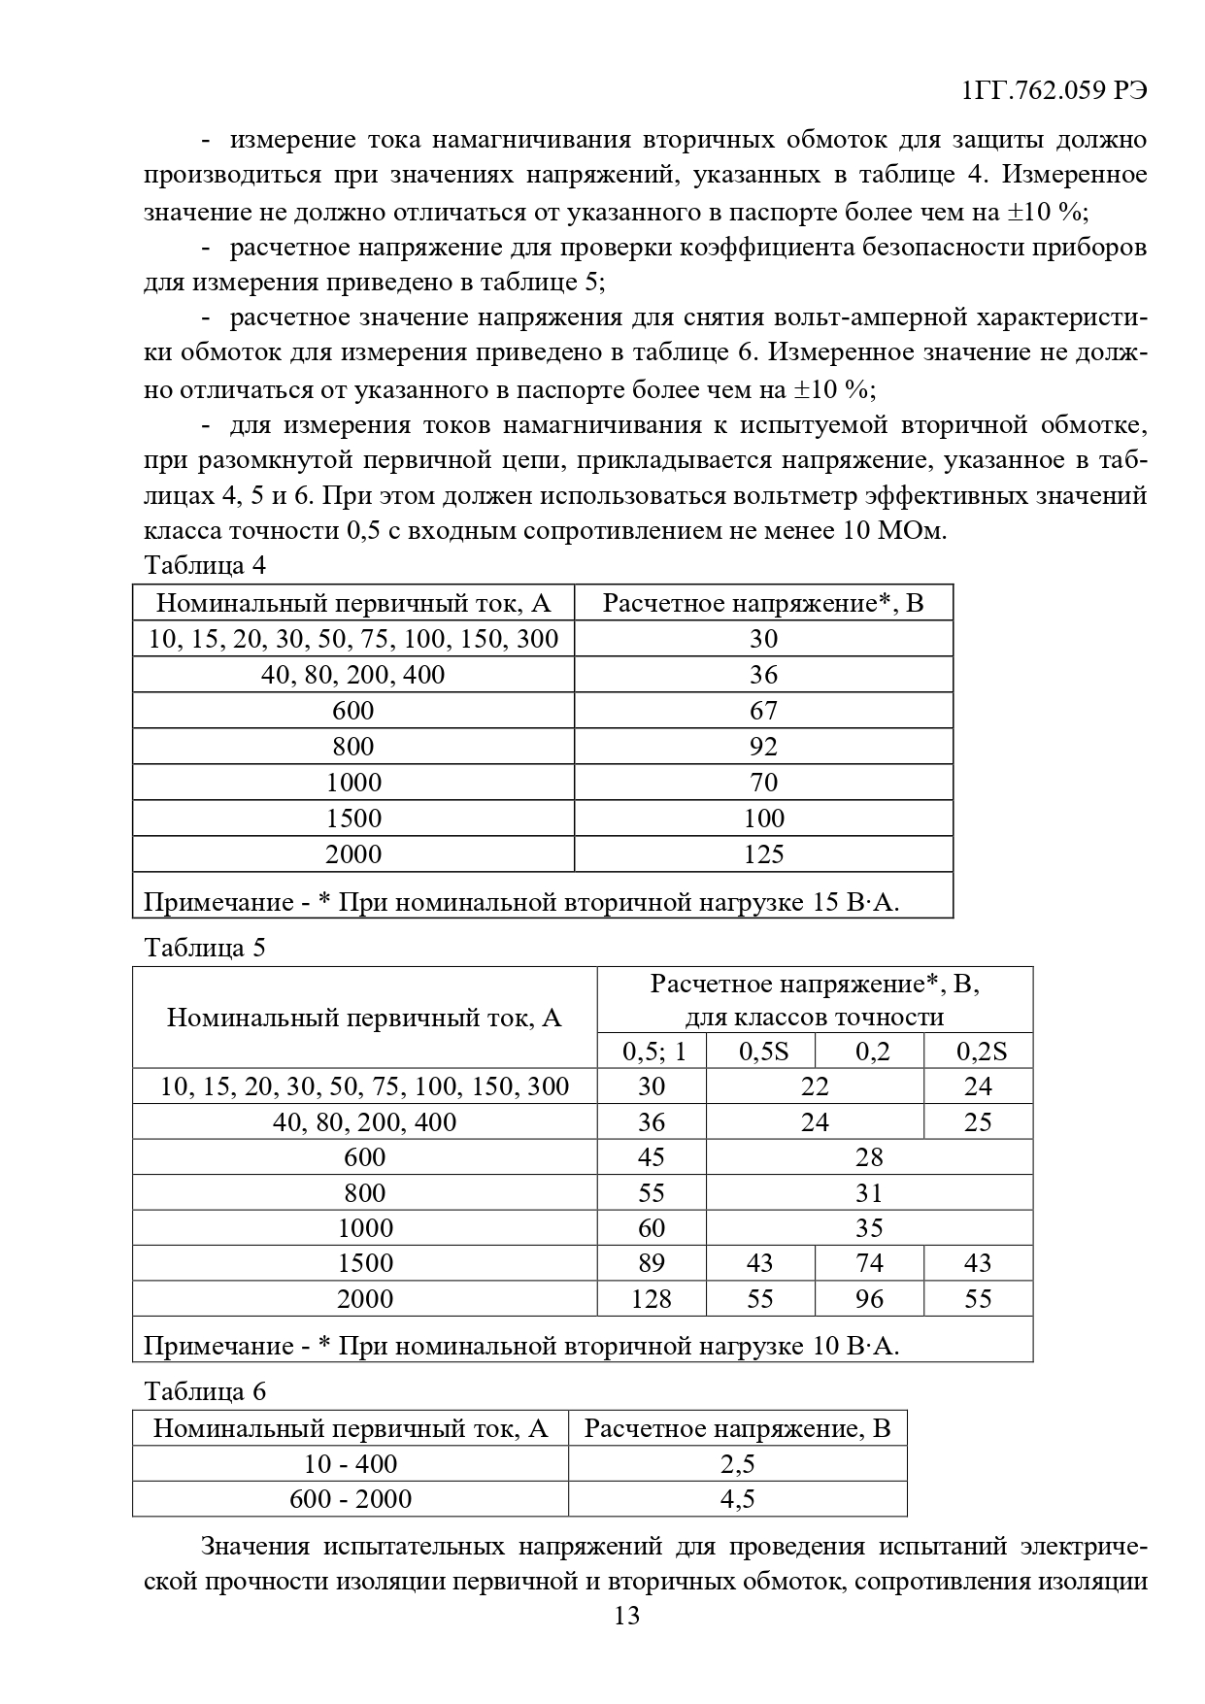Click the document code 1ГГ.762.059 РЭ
point(1054,91)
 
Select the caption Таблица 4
point(204,565)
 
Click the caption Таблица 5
point(204,948)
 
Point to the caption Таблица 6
point(204,1391)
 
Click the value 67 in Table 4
point(763,711)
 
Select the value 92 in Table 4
point(763,747)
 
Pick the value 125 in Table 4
point(763,854)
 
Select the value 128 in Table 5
point(651,1299)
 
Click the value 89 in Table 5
point(651,1263)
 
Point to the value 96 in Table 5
point(869,1299)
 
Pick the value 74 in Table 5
point(869,1263)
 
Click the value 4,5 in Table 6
point(737,1499)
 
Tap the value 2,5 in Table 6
point(737,1464)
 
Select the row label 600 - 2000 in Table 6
point(351,1499)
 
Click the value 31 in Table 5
point(869,1193)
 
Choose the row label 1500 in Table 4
point(353,819)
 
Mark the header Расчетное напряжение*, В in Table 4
point(763,604)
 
